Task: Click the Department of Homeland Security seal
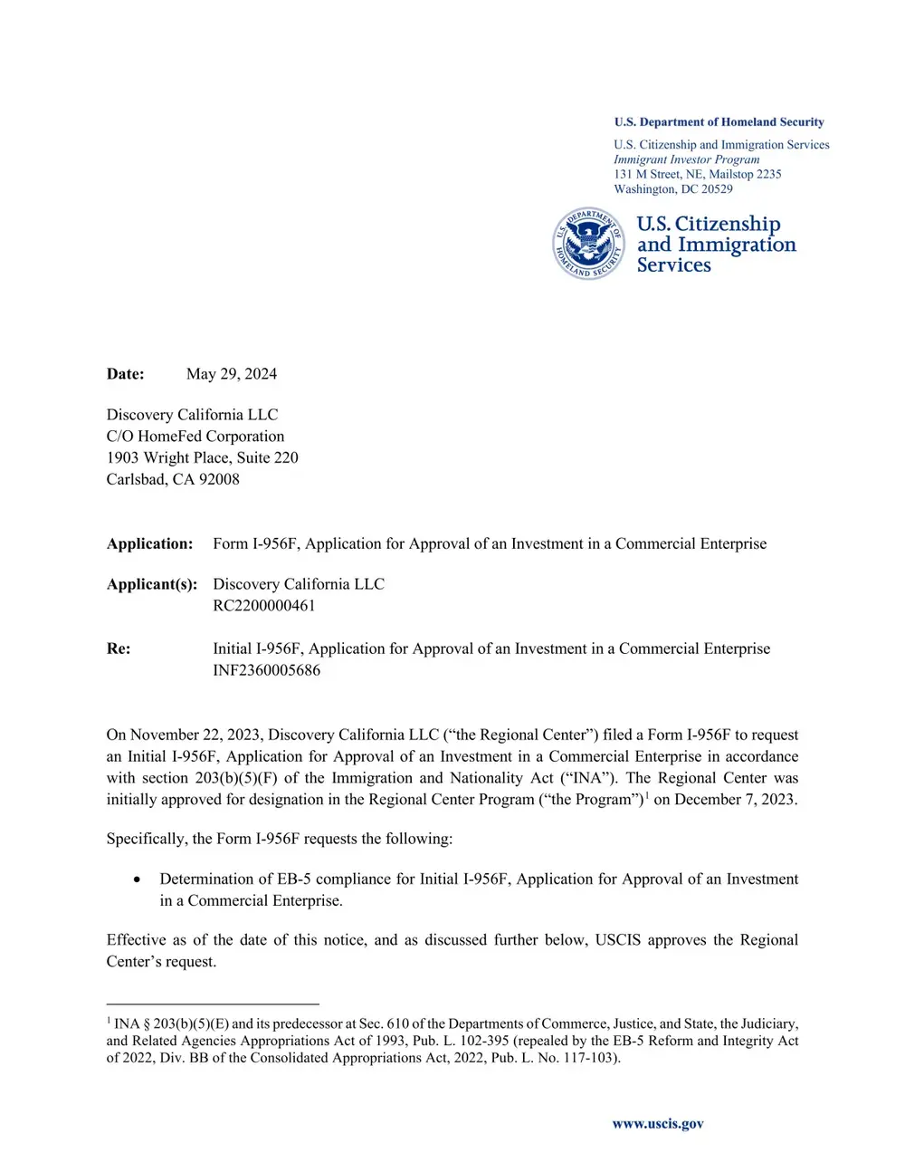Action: [x=588, y=244]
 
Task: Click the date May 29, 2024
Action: [x=232, y=374]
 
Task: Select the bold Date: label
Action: [x=125, y=374]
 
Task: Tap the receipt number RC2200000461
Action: [x=264, y=606]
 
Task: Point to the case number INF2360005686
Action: [x=266, y=671]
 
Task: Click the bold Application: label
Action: [x=149, y=544]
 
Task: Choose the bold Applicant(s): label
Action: [x=151, y=584]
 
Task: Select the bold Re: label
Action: [x=119, y=649]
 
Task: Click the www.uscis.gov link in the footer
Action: [x=658, y=1124]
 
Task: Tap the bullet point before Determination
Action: [x=137, y=879]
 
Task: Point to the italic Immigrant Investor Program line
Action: [x=686, y=159]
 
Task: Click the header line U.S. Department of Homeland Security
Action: [x=719, y=122]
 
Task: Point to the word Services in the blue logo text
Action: [x=673, y=265]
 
